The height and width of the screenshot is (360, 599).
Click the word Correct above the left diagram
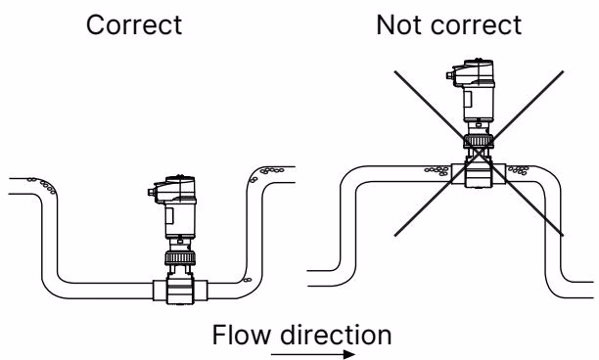134,25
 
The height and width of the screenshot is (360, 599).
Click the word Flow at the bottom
241,335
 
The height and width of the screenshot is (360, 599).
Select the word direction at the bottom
336,335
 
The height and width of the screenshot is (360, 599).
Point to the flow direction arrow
313,355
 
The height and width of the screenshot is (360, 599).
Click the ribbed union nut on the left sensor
180,258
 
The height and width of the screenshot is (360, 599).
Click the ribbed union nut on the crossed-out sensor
479,141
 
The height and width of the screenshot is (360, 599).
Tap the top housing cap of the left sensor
176,190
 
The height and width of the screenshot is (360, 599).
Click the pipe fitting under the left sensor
180,291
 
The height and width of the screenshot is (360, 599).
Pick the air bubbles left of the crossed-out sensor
438,170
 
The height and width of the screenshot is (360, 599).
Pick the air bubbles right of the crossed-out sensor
519,170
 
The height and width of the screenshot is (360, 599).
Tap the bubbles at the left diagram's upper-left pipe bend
42,185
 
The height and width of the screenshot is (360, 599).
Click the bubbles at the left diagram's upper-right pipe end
266,173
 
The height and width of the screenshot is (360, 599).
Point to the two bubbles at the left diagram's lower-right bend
247,280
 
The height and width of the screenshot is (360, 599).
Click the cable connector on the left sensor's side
151,192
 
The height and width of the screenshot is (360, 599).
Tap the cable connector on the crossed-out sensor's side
449,75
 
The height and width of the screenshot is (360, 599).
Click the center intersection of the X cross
479,154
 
